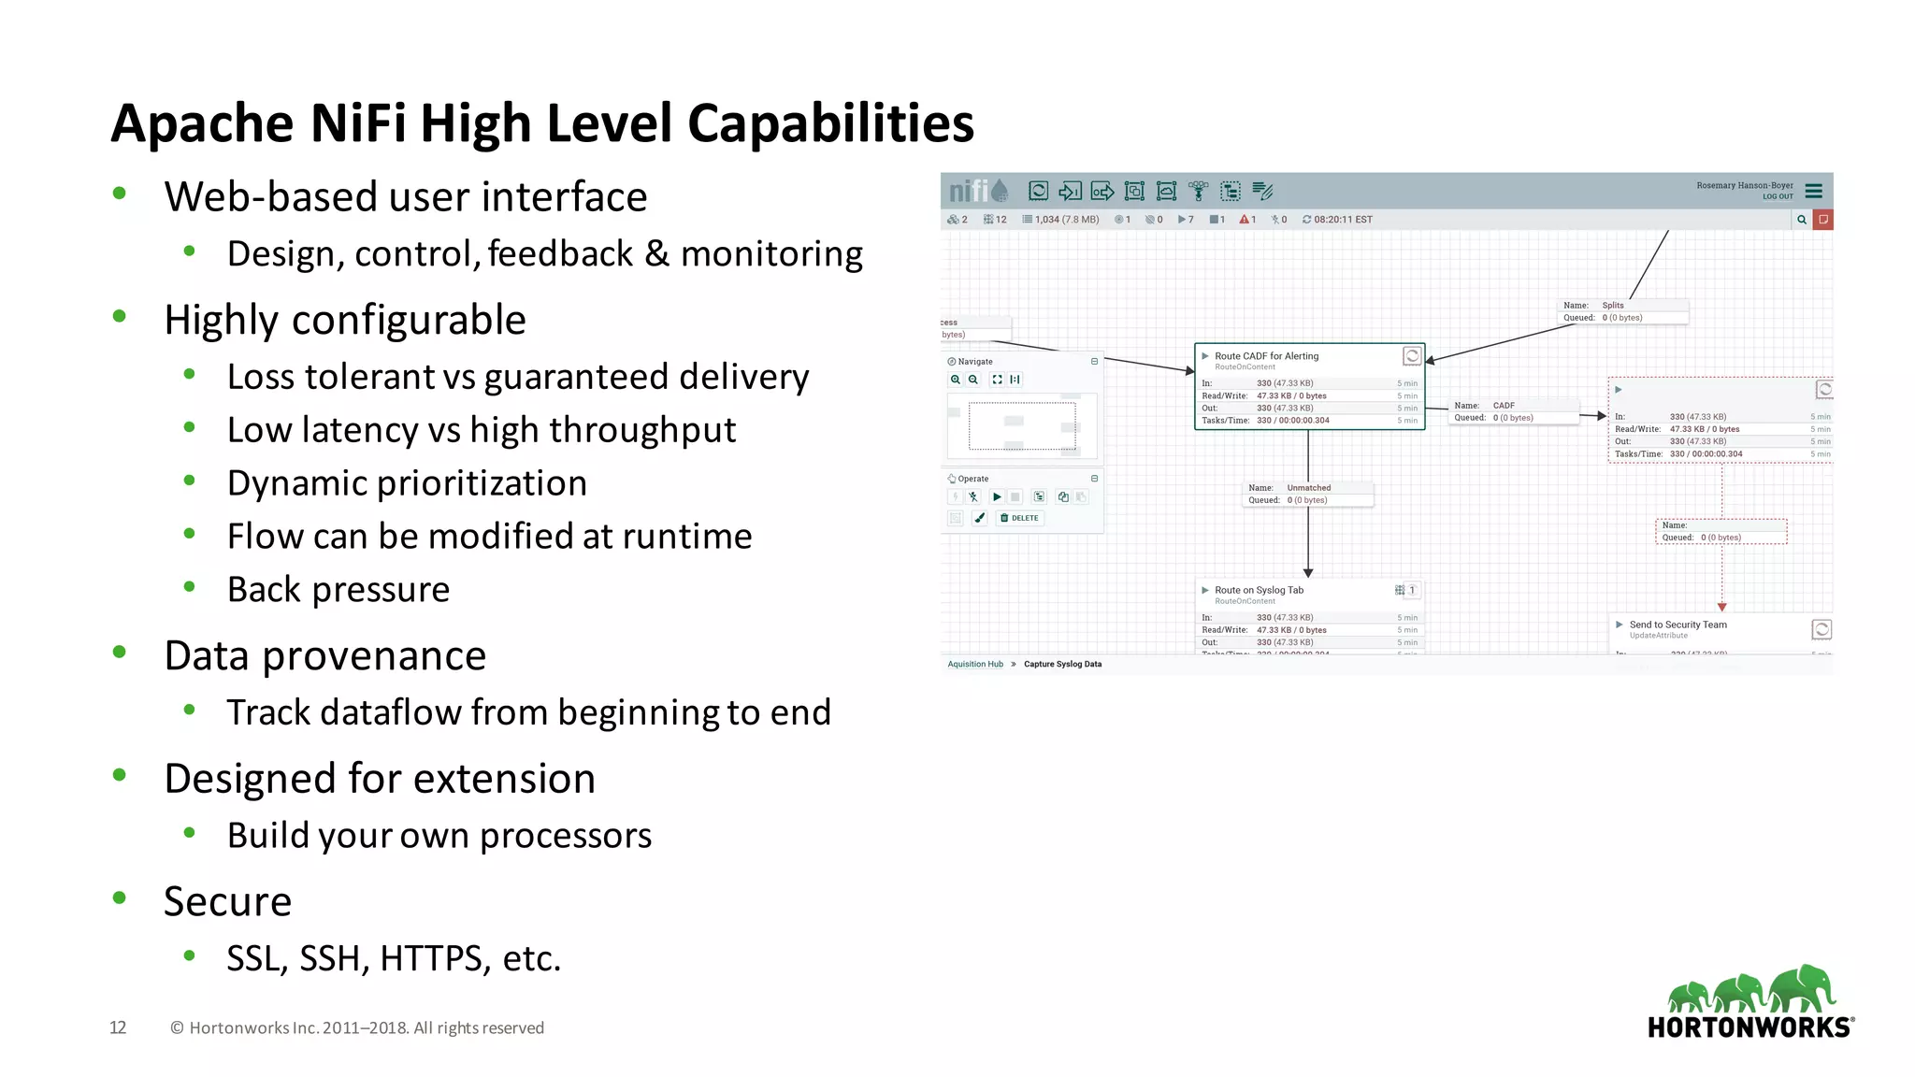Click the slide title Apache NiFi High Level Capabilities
[542, 123]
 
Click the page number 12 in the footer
[118, 1027]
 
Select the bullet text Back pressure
[338, 590]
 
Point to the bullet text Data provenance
[324, 655]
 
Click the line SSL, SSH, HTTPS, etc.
[394, 958]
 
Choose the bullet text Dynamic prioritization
[407, 483]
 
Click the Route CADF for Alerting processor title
[1266, 356]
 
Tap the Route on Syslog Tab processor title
[1259, 590]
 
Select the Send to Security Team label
[1677, 625]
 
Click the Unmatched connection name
[1308, 488]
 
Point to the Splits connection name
[1613, 306]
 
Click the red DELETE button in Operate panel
[1019, 518]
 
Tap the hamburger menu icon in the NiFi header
[1814, 191]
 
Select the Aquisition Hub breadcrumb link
[975, 665]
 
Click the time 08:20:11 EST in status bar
[1343, 220]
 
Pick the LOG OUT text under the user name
[1778, 197]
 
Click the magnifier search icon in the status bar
[1801, 220]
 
